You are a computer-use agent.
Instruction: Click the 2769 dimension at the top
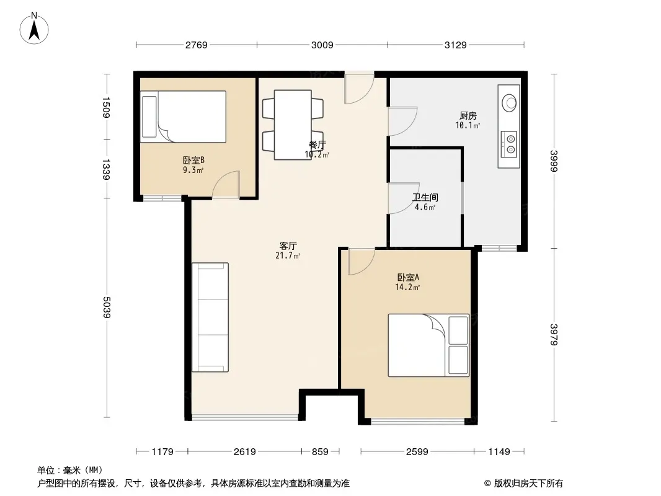tap(197, 45)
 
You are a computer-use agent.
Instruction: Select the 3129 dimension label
tap(455, 45)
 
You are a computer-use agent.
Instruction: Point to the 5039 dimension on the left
tap(106, 307)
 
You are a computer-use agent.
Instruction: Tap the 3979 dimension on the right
tap(554, 334)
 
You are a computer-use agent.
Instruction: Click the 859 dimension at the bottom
tap(320, 452)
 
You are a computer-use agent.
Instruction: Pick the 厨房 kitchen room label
tap(468, 115)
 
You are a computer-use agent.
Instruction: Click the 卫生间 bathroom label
tap(425, 197)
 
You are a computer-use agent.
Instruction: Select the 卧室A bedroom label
tap(407, 277)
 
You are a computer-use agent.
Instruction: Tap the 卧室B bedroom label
tap(193, 160)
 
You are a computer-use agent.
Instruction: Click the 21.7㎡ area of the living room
tap(288, 255)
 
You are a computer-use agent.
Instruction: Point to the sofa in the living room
tap(210, 317)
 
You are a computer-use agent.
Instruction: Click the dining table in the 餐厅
tap(293, 125)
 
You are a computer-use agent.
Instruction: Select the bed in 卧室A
tap(428, 345)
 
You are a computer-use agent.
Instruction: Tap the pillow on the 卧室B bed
tap(149, 117)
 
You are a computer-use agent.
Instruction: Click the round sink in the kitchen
tap(509, 102)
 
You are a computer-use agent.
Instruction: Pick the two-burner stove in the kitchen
tap(509, 144)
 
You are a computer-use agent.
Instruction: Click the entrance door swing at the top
tap(359, 88)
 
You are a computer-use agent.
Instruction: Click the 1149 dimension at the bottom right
tap(499, 452)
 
